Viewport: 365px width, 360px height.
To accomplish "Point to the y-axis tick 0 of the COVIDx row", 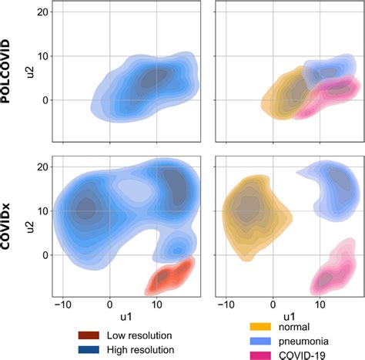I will pyautogui.click(x=45, y=255).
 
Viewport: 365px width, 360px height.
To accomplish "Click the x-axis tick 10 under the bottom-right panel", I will pyautogui.click(x=320, y=305).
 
